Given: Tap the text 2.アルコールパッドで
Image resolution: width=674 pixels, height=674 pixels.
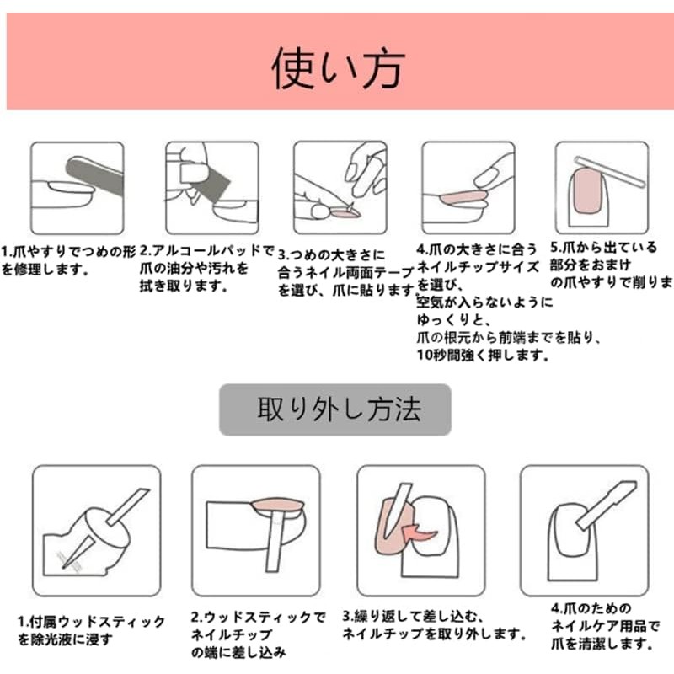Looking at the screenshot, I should tap(207, 251).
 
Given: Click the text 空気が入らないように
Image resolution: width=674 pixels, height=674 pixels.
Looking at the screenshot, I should tap(485, 302).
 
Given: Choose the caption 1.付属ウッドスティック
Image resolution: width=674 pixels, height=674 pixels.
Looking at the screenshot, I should tap(92, 623).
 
